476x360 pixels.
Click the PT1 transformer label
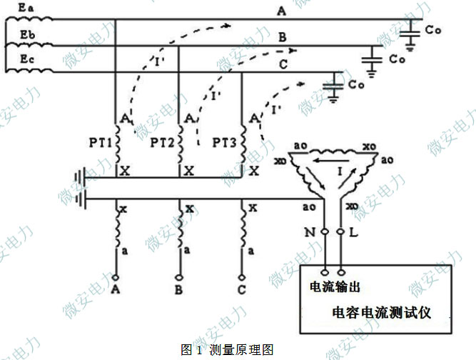coord(100,142)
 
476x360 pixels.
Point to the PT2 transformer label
coord(163,142)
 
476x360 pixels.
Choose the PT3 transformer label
coord(226,142)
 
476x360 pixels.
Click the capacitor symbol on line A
coord(409,33)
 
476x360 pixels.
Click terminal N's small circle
coord(324,233)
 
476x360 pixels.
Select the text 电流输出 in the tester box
coord(332,286)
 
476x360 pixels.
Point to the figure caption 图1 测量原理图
coord(228,350)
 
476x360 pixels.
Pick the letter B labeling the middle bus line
coord(283,37)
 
